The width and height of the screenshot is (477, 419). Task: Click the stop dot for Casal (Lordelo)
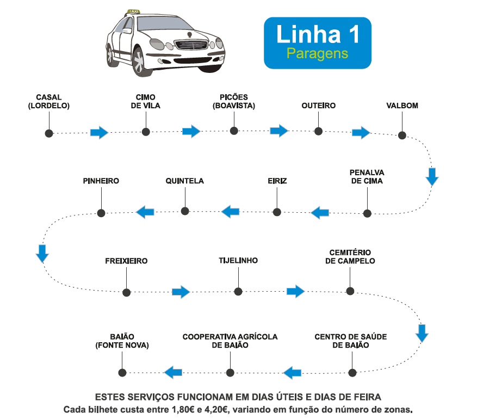click(x=49, y=133)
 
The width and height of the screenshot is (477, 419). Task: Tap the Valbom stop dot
click(x=402, y=135)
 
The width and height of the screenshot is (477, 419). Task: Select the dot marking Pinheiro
click(x=101, y=212)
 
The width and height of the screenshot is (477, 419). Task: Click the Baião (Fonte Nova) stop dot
click(x=122, y=373)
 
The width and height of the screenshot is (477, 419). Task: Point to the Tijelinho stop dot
click(x=238, y=292)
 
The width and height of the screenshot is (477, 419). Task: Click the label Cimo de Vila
click(x=145, y=102)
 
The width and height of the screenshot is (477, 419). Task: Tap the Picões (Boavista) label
click(x=234, y=102)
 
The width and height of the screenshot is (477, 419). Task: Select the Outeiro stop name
click(x=318, y=106)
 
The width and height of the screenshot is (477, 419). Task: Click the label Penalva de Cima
click(x=367, y=177)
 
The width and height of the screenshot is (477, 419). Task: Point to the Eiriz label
click(x=277, y=181)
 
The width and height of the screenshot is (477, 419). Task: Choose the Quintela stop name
click(x=184, y=181)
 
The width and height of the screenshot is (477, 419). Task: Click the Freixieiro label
click(x=126, y=261)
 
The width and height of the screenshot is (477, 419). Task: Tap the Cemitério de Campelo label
click(x=350, y=257)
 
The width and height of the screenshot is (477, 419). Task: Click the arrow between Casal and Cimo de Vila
click(x=99, y=132)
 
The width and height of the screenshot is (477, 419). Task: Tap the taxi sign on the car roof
click(x=133, y=11)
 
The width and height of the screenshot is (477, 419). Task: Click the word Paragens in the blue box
click(x=317, y=53)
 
